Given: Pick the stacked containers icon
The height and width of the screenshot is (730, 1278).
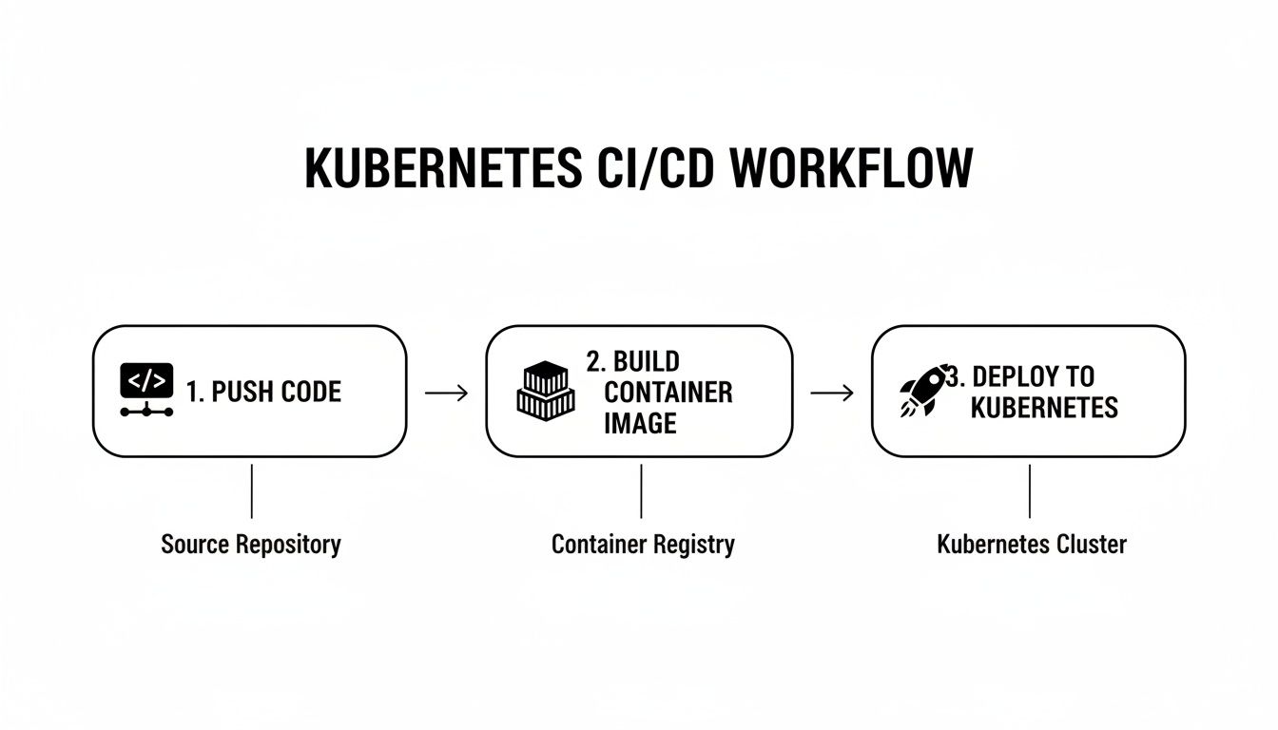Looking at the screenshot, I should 546,391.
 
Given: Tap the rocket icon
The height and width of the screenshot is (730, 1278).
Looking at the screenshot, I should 923,391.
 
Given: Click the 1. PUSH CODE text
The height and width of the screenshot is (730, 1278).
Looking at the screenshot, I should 263,392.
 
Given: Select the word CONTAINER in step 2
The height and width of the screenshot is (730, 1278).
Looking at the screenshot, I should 668,392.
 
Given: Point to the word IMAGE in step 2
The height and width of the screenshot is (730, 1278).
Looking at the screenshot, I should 640,423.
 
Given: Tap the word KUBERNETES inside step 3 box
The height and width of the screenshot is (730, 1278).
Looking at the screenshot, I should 1044,408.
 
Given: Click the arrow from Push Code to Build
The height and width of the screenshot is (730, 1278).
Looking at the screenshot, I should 446,393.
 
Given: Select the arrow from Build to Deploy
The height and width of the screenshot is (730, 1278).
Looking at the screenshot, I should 831,393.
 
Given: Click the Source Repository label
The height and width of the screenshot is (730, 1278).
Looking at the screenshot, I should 251,545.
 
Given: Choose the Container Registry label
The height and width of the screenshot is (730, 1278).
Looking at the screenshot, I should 643,545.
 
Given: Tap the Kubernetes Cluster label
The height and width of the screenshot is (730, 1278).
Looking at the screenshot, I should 1032,545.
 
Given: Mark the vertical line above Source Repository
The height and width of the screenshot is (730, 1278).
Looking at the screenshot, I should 251,490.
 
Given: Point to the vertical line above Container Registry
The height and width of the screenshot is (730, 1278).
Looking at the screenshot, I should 642,490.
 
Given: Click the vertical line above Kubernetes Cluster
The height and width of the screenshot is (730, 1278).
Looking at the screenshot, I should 1030,490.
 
